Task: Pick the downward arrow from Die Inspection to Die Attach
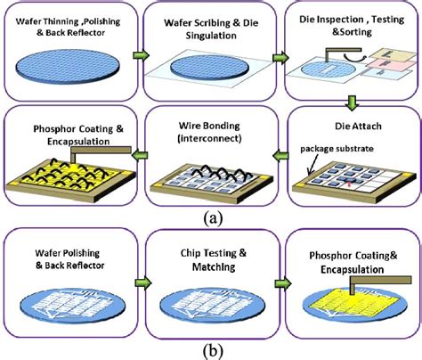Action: (x=352, y=102)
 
